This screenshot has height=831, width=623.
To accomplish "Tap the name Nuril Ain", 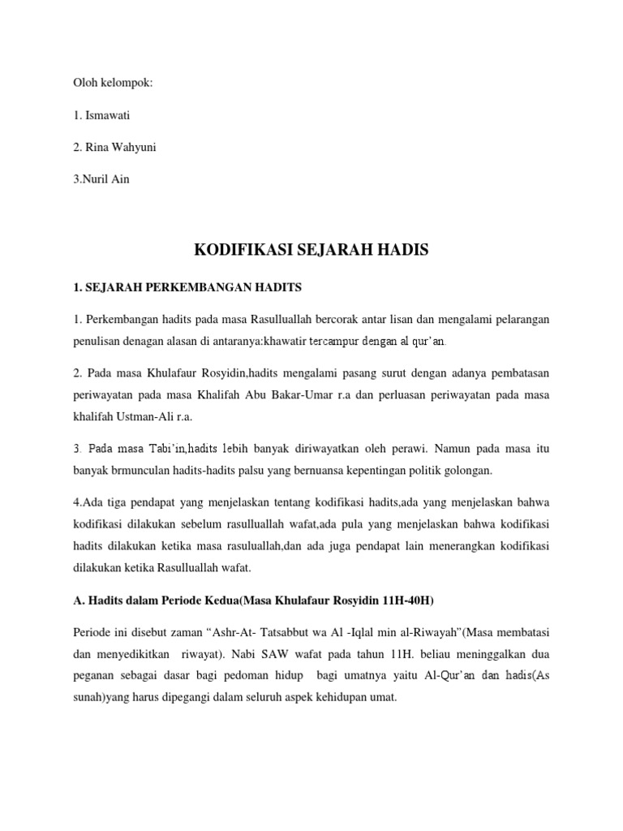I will [103, 179].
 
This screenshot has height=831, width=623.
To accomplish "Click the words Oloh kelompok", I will [113, 83].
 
